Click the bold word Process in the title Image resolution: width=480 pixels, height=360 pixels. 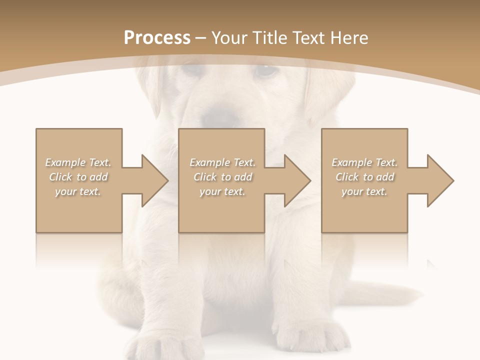pyautogui.click(x=157, y=38)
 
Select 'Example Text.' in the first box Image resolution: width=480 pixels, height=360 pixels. pyautogui.click(x=78, y=162)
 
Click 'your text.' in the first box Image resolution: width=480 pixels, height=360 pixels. pyautogui.click(x=78, y=191)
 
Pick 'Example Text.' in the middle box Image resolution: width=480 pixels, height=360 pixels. pyautogui.click(x=222, y=162)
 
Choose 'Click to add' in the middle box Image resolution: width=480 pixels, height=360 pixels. pyautogui.click(x=222, y=177)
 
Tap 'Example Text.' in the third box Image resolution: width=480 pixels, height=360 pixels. pyautogui.click(x=364, y=162)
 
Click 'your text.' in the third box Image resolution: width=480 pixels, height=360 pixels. pyautogui.click(x=364, y=191)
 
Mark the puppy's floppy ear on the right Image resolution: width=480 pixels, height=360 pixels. pyautogui.click(x=325, y=95)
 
